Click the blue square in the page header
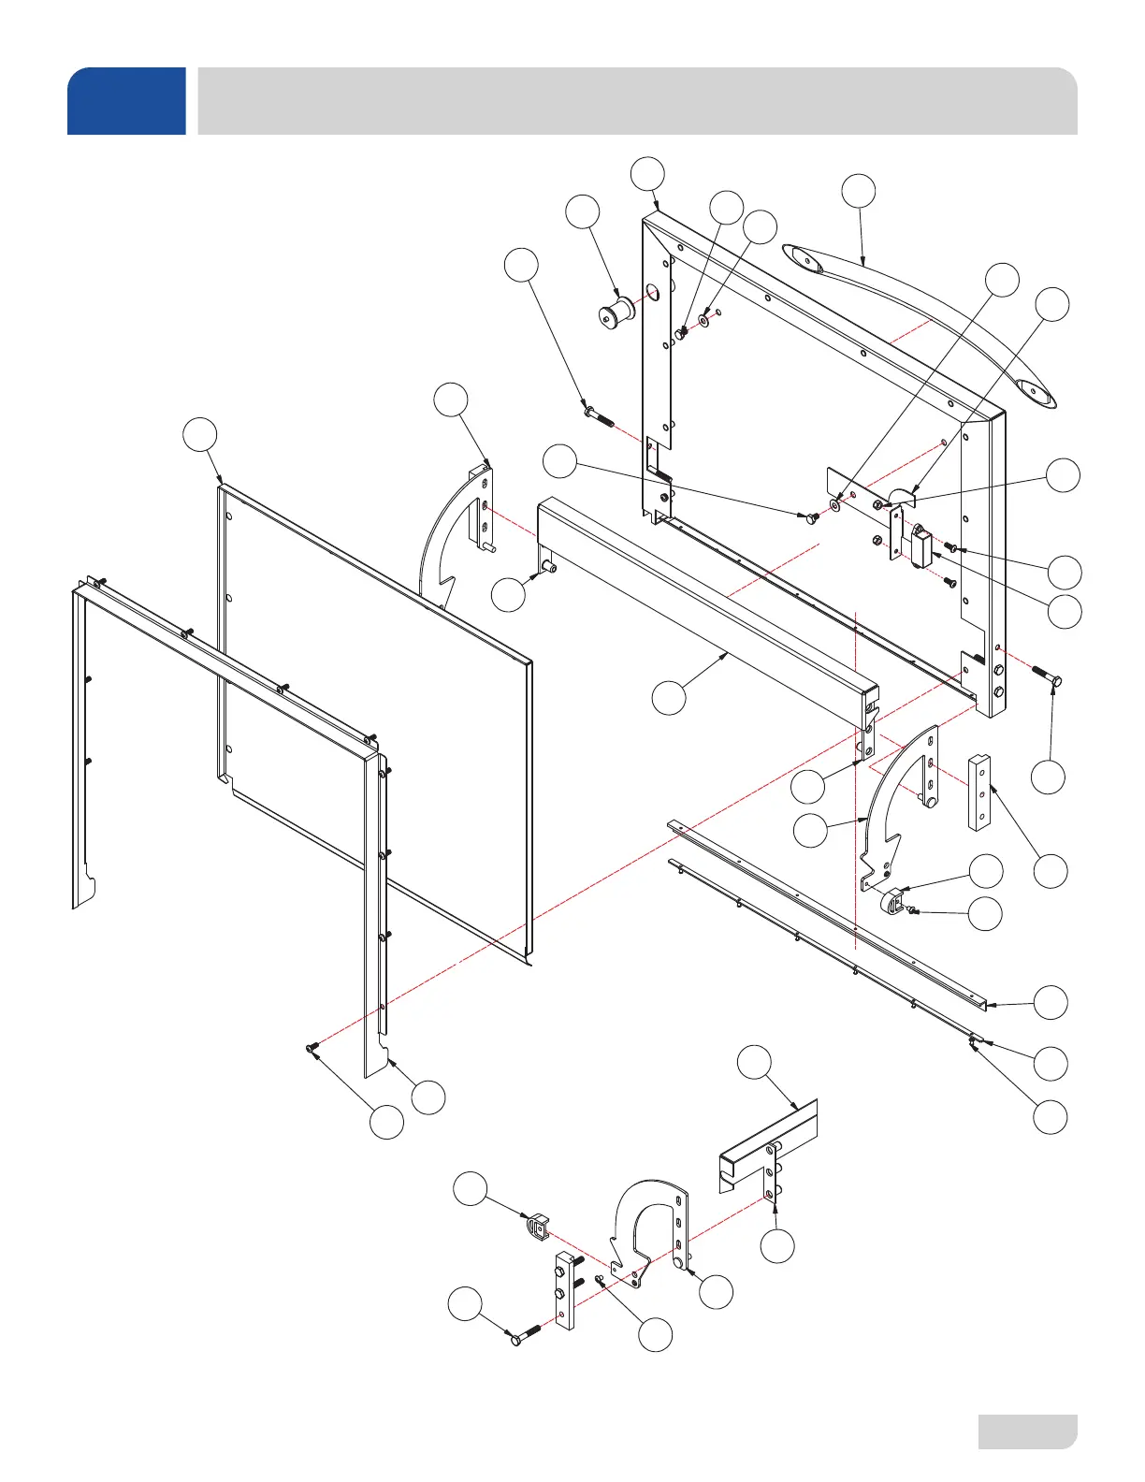coord(126,101)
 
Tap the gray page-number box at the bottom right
coord(1027,1431)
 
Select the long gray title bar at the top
coord(636,101)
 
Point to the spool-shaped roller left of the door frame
coord(616,312)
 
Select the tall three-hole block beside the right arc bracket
coord(978,792)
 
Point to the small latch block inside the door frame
coord(919,545)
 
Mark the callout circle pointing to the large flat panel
coord(199,435)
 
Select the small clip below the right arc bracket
coord(892,901)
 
